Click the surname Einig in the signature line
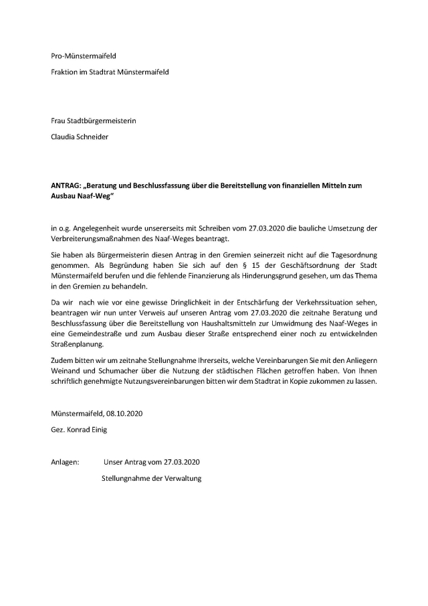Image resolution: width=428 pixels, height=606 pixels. pyautogui.click(x=95, y=430)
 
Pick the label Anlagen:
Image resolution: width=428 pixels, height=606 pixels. pyautogui.click(x=66, y=462)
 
